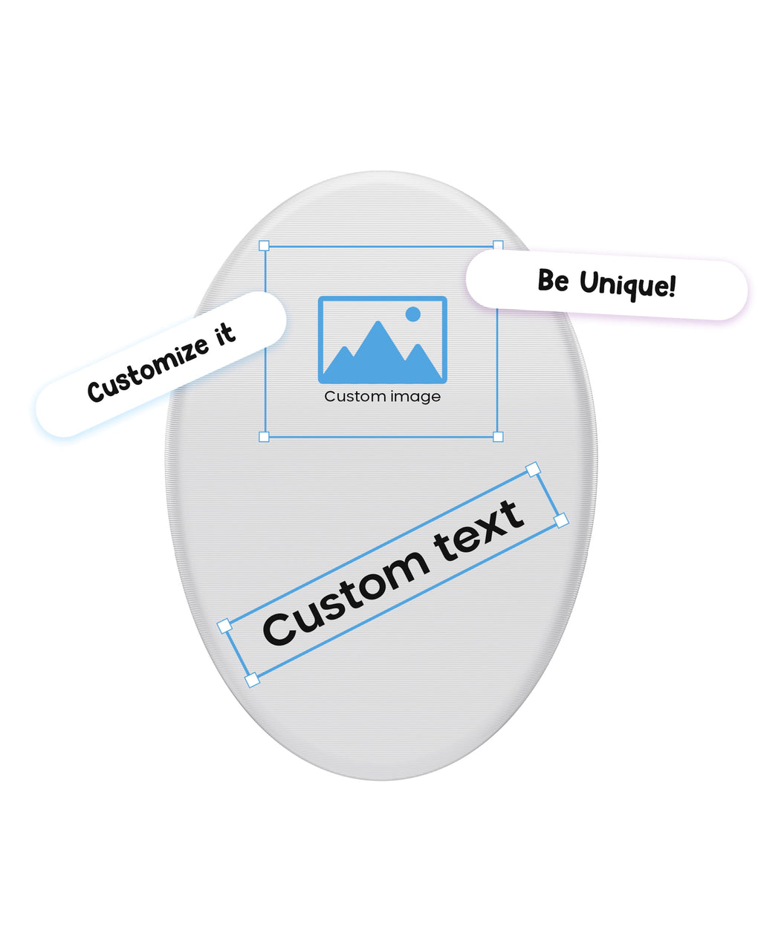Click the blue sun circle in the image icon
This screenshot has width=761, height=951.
click(413, 314)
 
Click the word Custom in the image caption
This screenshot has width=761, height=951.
click(352, 397)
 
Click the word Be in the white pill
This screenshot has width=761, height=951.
click(554, 281)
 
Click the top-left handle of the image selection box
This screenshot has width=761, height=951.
click(264, 246)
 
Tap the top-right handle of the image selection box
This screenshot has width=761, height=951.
click(498, 246)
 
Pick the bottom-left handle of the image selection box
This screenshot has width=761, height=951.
click(264, 437)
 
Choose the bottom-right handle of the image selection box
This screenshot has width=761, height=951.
click(498, 437)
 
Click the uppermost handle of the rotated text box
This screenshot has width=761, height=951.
click(533, 469)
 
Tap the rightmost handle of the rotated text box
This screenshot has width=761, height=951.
click(561, 520)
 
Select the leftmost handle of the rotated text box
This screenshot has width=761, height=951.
click(224, 626)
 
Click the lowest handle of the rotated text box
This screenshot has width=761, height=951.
click(253, 679)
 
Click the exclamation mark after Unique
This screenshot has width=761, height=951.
click(672, 285)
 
